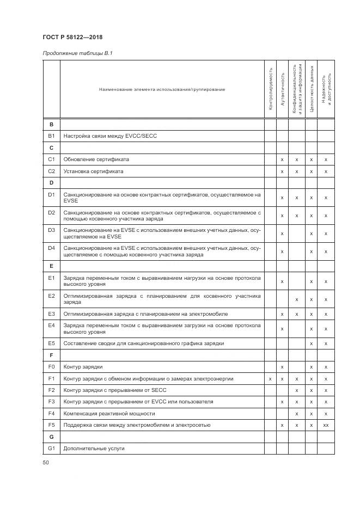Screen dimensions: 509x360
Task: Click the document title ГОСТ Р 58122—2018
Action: tap(72, 37)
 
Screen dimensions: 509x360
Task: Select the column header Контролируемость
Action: tap(270, 89)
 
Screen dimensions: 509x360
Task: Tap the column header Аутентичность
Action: tap(282, 89)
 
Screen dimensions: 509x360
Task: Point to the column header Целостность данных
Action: tap(312, 89)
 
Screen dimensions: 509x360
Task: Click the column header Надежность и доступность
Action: tap(326, 89)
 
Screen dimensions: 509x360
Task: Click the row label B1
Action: tap(51, 136)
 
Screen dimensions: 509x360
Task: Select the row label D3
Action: tap(51, 234)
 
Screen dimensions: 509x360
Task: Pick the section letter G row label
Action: tap(51, 437)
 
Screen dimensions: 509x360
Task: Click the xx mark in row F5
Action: tap(326, 425)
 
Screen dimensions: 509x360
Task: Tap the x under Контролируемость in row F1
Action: tap(270, 378)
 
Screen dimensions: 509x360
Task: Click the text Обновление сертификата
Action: tap(96, 160)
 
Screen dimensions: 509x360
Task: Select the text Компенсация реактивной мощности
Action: tap(102, 413)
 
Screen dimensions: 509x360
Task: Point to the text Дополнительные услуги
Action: tap(94, 448)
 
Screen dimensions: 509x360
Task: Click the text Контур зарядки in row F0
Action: tap(83, 367)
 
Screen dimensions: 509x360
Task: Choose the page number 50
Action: tap(46, 463)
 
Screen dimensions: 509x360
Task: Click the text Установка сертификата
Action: tap(93, 171)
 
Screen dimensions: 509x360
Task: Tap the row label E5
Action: tap(51, 344)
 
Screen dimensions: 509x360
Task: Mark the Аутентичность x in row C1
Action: tap(282, 160)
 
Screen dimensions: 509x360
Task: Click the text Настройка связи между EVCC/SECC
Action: tap(110, 136)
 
